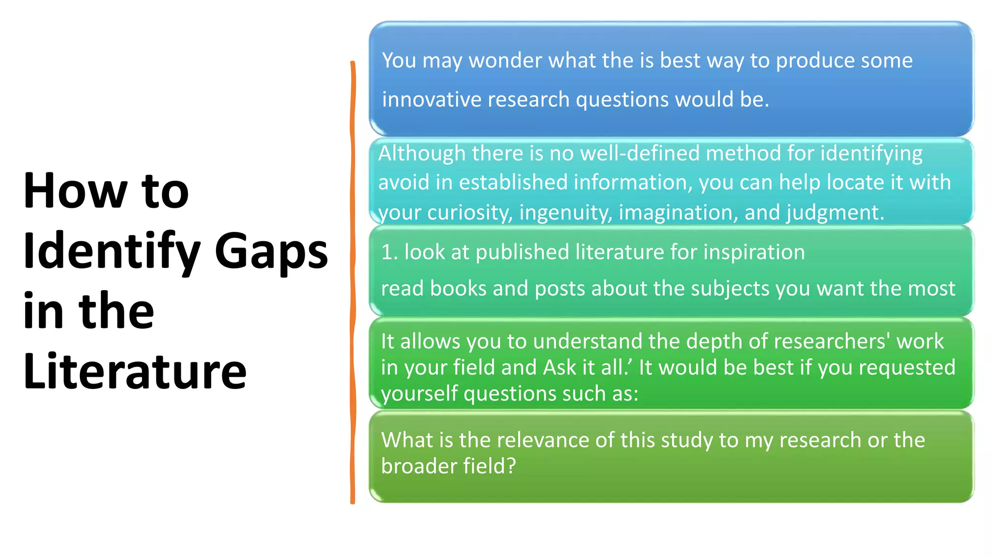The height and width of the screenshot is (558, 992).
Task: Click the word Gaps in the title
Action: [x=271, y=251]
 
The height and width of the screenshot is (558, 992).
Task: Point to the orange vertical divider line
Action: [x=353, y=281]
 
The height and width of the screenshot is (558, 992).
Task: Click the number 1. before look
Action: [x=389, y=252]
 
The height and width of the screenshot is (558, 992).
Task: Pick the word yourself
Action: [x=419, y=394]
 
